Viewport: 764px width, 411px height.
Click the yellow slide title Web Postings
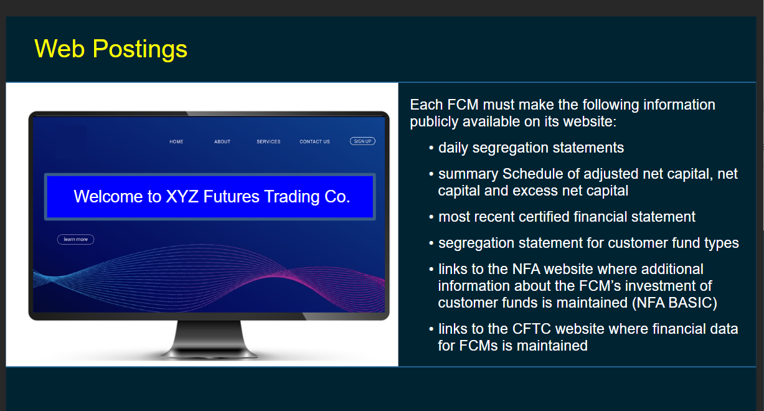[111, 49]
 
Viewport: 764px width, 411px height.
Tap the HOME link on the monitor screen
[176, 141]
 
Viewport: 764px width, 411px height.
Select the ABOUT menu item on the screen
[222, 141]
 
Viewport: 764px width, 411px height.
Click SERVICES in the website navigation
[268, 141]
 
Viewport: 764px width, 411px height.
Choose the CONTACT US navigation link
[315, 141]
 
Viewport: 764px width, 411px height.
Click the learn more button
[76, 239]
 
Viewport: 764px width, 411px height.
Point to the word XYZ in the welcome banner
[182, 197]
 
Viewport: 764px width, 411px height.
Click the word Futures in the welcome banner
[231, 197]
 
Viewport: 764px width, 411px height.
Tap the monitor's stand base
[209, 353]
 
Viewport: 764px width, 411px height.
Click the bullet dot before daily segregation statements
[432, 148]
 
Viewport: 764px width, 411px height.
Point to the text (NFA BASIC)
[674, 303]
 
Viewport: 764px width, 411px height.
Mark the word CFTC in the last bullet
[532, 329]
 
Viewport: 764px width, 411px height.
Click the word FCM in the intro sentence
[463, 105]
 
